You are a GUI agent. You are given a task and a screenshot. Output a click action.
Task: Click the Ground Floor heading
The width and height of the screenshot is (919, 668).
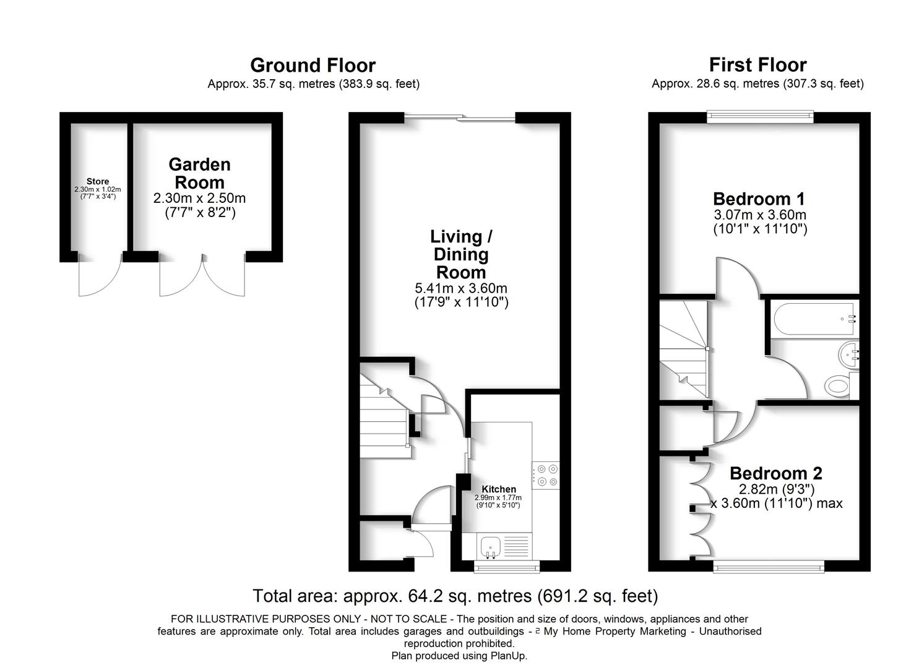pyautogui.click(x=313, y=65)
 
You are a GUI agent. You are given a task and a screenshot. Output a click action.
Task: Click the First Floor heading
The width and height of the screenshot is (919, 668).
pyautogui.click(x=757, y=65)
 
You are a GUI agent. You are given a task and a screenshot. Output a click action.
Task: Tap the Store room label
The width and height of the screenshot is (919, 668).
pyautogui.click(x=98, y=181)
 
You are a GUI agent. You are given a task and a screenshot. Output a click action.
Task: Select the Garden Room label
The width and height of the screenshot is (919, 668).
pyautogui.click(x=200, y=173)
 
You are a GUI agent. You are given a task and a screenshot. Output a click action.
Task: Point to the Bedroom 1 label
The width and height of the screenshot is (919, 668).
pyautogui.click(x=759, y=199)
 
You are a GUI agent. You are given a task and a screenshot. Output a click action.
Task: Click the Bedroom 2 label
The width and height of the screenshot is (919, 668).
pyautogui.click(x=776, y=473)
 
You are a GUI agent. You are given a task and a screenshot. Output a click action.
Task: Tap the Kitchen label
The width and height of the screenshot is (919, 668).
pyautogui.click(x=498, y=489)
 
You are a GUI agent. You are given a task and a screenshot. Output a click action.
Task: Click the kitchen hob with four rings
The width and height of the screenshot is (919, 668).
pyautogui.click(x=546, y=475)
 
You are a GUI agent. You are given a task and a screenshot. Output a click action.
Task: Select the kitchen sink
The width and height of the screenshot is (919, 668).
pyautogui.click(x=490, y=547)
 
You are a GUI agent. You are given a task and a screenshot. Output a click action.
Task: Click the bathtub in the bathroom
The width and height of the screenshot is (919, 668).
pyautogui.click(x=814, y=319)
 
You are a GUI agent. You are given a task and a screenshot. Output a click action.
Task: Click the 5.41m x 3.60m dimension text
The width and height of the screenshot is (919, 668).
pyautogui.click(x=461, y=288)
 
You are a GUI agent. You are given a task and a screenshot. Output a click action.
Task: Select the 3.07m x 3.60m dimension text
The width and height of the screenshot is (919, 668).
pyautogui.click(x=760, y=215)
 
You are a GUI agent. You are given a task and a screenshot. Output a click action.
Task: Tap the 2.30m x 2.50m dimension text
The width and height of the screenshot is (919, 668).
pyautogui.click(x=200, y=198)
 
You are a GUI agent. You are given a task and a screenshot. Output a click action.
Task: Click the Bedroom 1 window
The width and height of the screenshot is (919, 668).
pyautogui.click(x=760, y=117)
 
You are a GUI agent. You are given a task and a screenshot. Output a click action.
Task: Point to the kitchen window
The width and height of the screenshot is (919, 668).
pyautogui.click(x=507, y=567)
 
